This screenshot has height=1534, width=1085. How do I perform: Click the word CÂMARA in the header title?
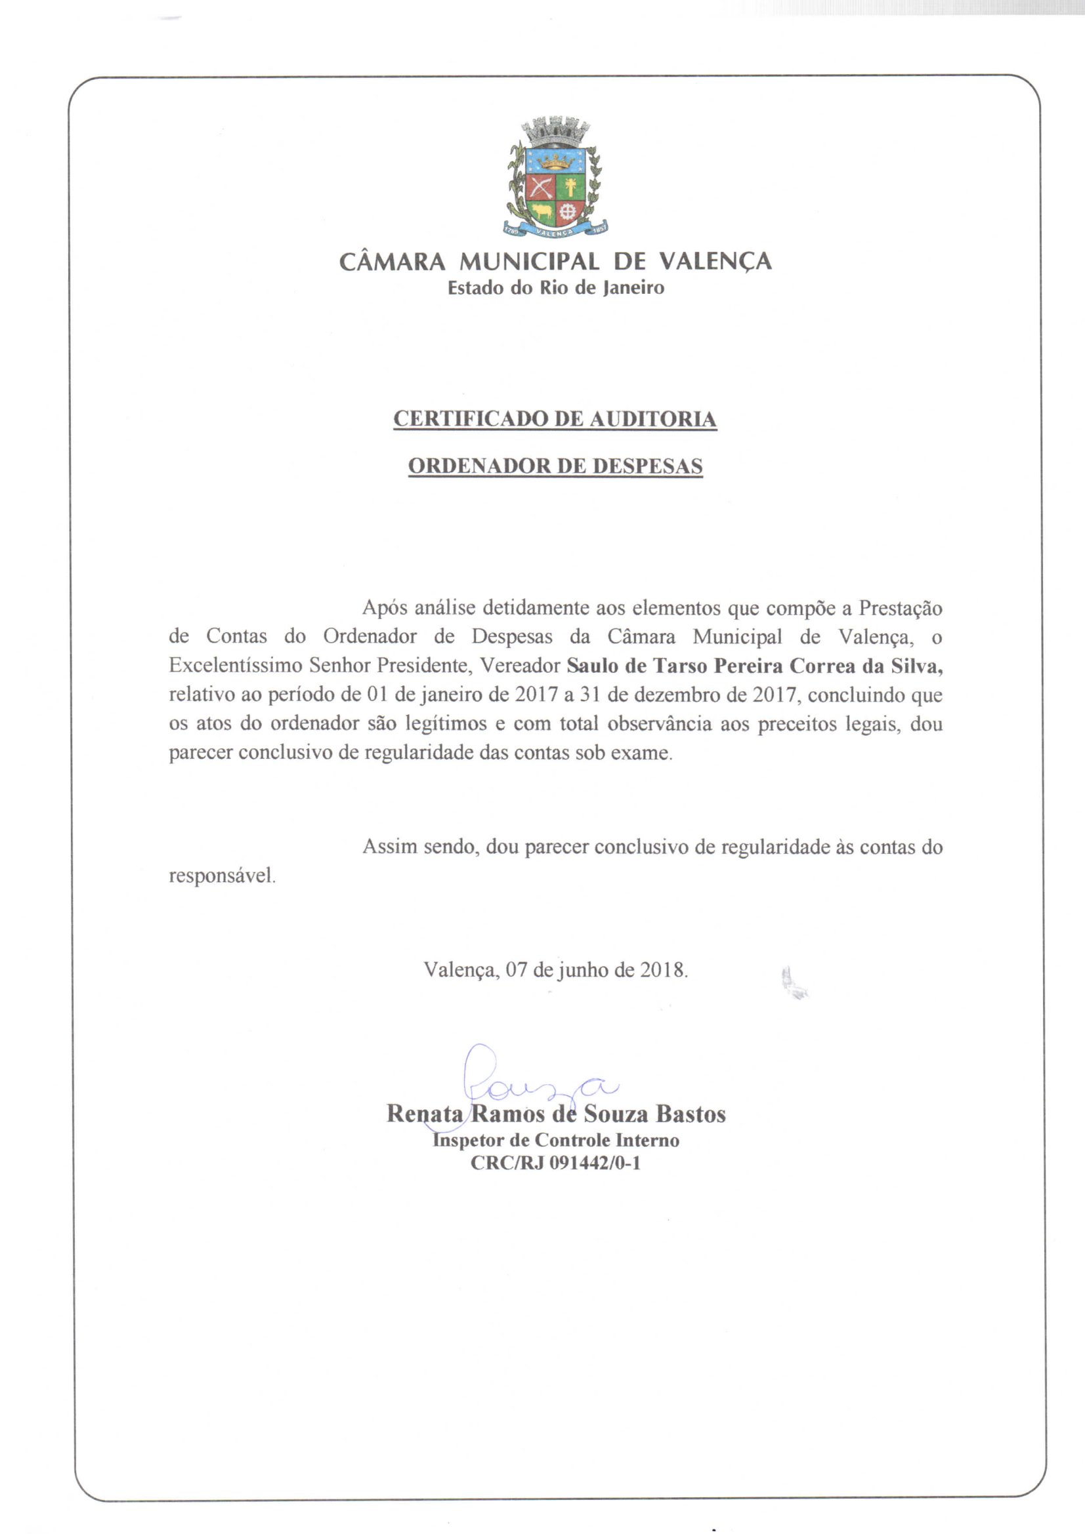click(x=392, y=261)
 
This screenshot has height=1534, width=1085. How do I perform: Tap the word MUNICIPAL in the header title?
click(x=529, y=261)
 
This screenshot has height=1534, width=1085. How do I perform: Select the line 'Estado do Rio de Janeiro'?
click(x=555, y=288)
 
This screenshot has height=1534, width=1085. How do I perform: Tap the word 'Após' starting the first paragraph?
click(x=385, y=608)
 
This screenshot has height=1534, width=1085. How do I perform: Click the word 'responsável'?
click(x=221, y=876)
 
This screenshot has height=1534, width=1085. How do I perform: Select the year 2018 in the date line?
click(x=662, y=969)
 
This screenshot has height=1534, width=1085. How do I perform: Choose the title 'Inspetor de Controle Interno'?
click(x=555, y=1140)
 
